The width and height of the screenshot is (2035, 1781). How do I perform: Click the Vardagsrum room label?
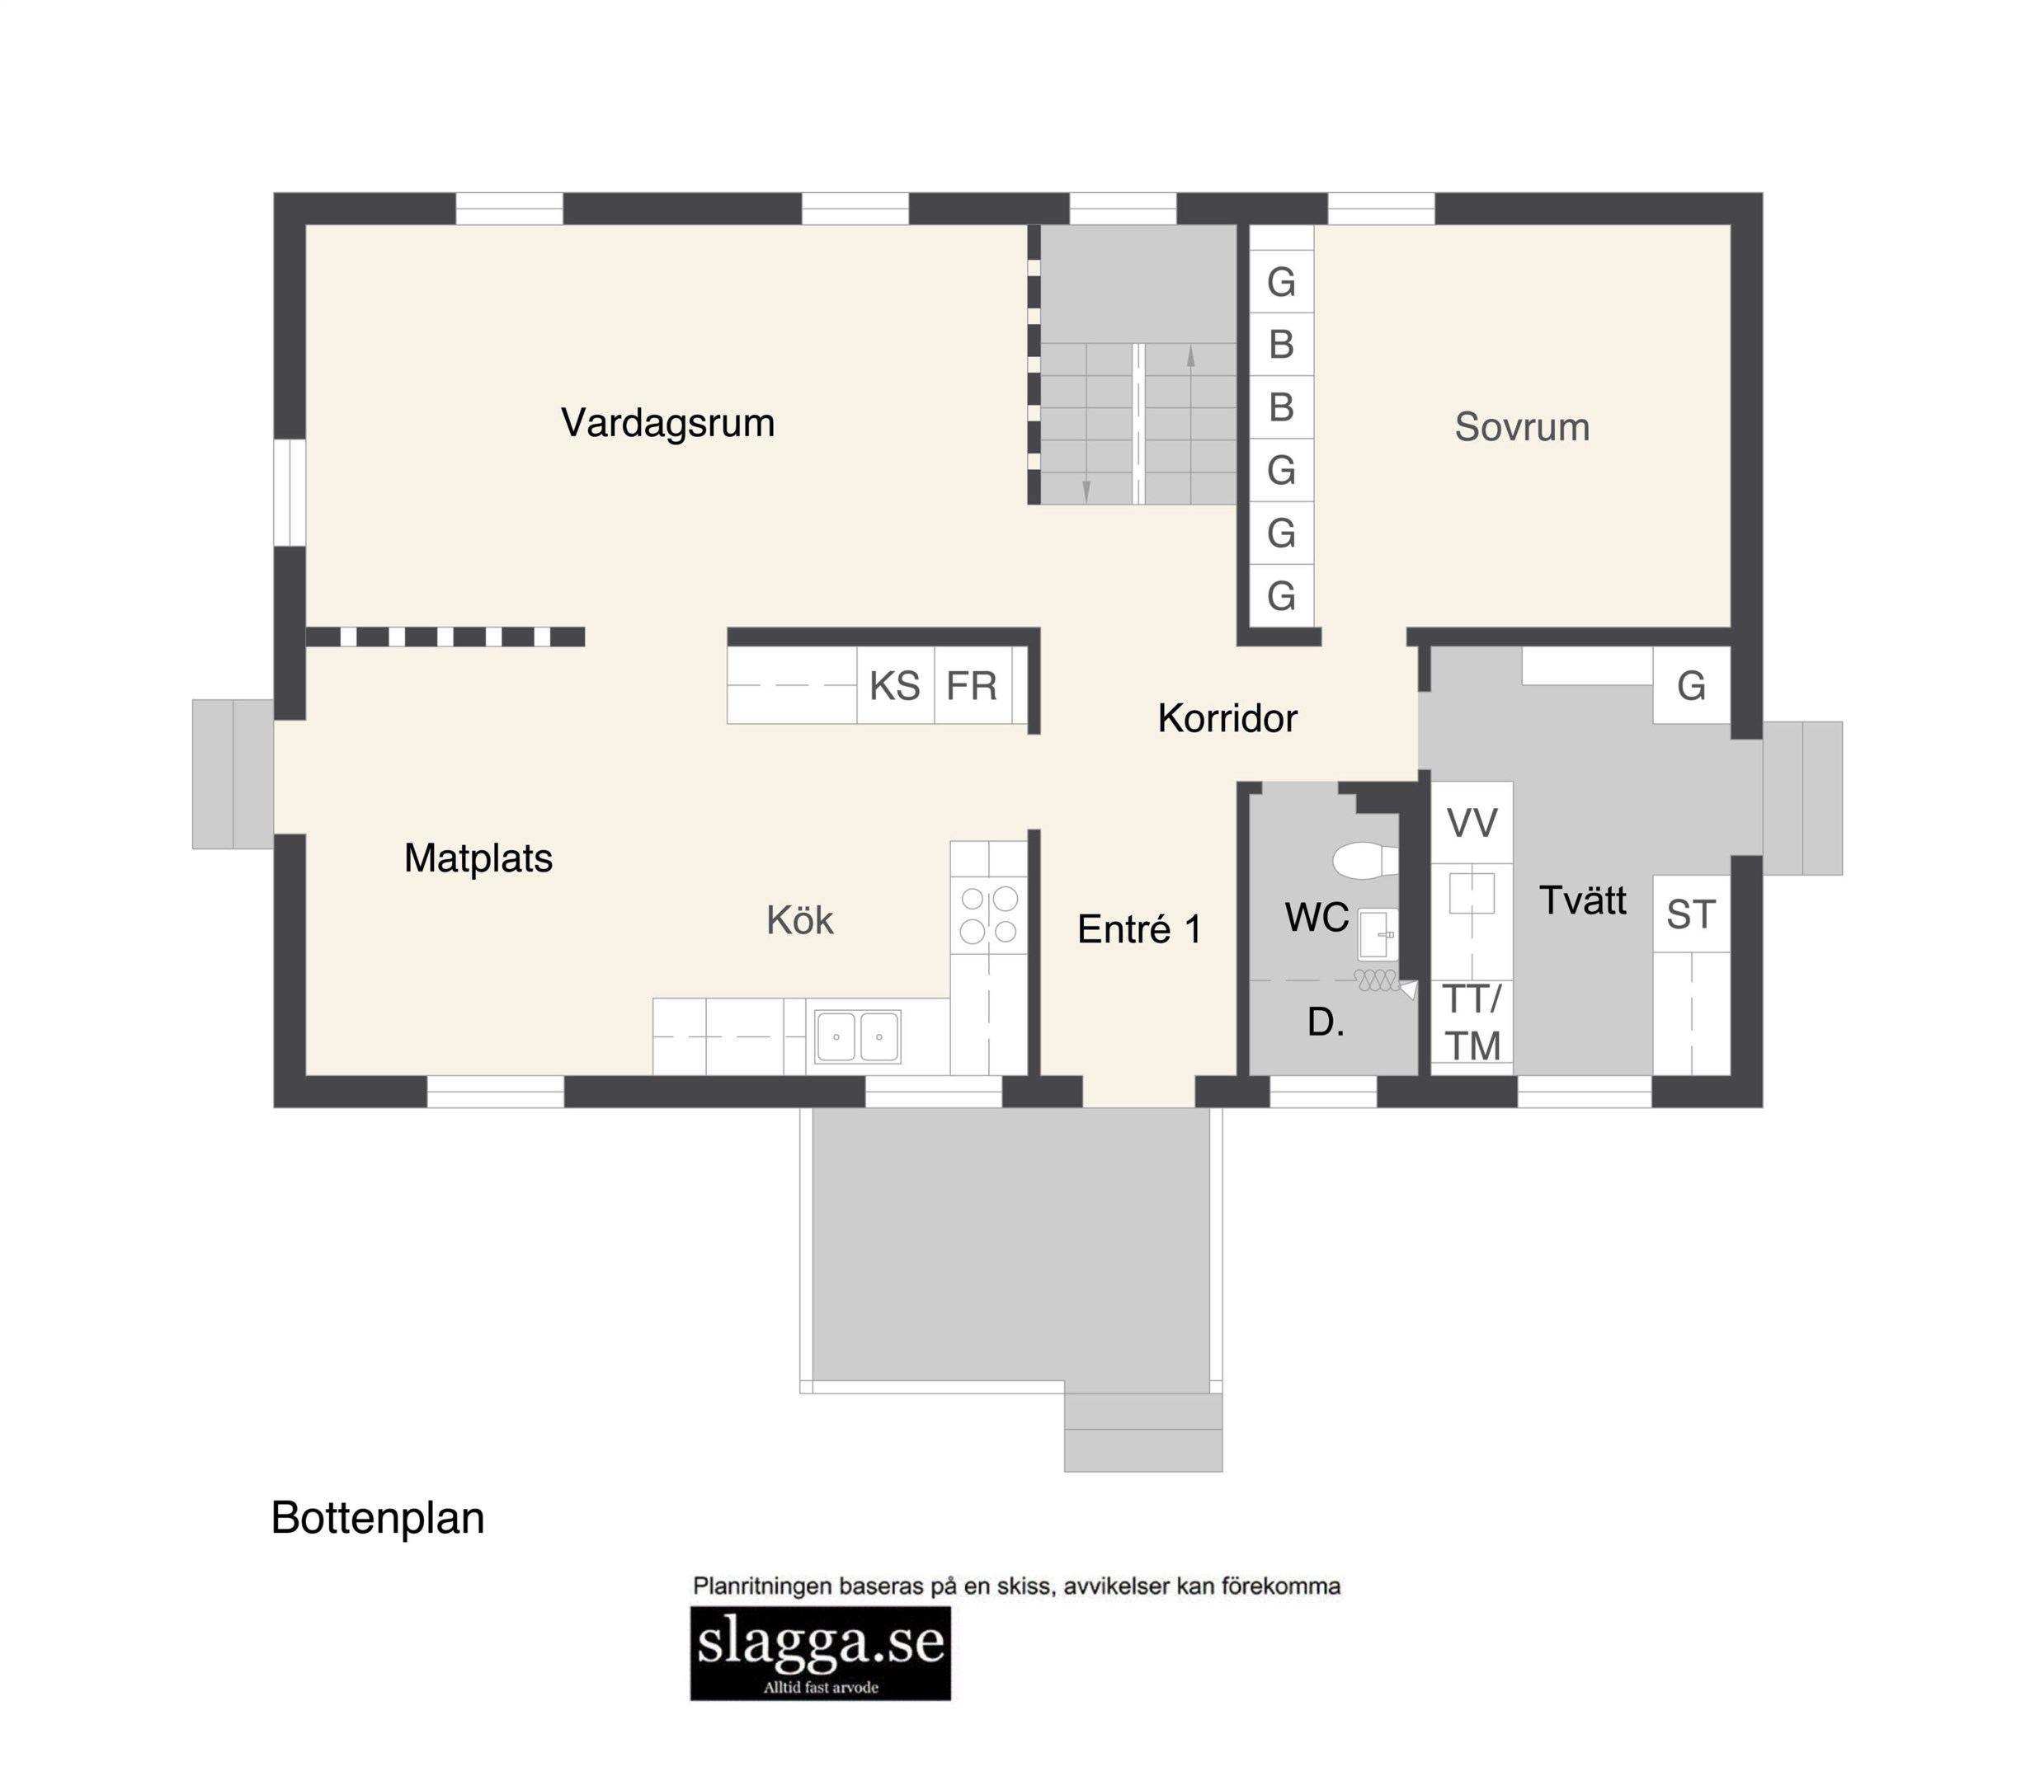(667, 423)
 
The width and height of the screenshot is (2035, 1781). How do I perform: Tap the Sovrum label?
(1522, 427)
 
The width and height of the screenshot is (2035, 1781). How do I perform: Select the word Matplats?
(478, 858)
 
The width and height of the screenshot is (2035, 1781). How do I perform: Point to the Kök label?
(799, 920)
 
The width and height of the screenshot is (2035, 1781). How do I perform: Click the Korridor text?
(1227, 718)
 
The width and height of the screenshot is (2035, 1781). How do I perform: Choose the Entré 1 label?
(1139, 929)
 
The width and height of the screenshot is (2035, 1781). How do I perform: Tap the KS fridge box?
(896, 686)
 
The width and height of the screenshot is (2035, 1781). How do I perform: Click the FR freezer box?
(973, 686)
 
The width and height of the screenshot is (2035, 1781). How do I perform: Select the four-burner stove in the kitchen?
(989, 914)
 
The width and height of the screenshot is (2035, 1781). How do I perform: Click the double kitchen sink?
(858, 1036)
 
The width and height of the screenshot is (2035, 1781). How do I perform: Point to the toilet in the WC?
(1365, 861)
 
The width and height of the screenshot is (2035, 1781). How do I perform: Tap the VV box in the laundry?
(1472, 823)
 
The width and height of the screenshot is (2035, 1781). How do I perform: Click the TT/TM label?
(1472, 1022)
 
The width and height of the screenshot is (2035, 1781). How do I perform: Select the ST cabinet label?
(1691, 915)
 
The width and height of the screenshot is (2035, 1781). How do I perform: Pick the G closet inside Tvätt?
(1692, 686)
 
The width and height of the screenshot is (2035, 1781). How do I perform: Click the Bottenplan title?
(378, 1519)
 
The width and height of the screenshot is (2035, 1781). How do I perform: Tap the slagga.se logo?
(821, 1653)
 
